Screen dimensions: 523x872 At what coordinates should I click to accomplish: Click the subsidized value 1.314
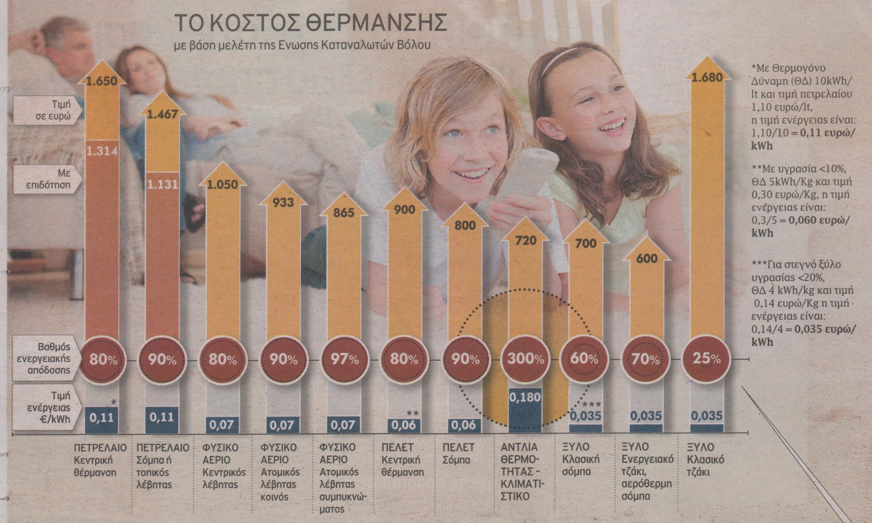(x=102, y=150)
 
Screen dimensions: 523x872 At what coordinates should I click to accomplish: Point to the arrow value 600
(x=644, y=259)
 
